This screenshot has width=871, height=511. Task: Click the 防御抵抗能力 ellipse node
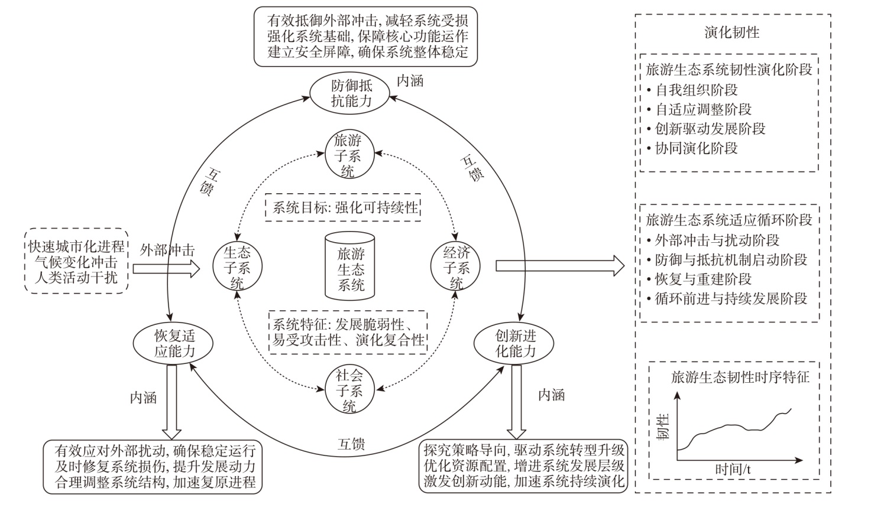(351, 93)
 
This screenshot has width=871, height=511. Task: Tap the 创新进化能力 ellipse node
(515, 344)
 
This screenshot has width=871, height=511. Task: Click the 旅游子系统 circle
(348, 156)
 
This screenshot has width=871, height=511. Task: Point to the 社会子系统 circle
(349, 390)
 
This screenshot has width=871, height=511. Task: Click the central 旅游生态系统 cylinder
(350, 267)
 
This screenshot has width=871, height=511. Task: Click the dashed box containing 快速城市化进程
(77, 261)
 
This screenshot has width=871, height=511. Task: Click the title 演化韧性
(731, 32)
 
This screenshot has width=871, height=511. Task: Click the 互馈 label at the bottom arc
(352, 444)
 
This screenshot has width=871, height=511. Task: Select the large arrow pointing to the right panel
(559, 266)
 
